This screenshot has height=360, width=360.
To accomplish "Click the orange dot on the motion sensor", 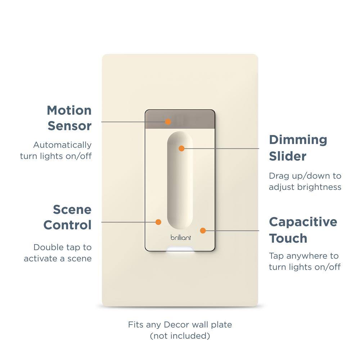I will click(x=168, y=122).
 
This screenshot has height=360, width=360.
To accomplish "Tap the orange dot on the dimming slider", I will click(x=181, y=148).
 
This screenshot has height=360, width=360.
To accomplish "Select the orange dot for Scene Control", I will click(x=158, y=222).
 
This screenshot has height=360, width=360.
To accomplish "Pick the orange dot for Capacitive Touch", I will click(x=203, y=230).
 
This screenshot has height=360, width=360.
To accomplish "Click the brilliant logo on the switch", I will click(x=181, y=238).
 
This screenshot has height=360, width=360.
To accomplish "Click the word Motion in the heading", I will click(x=69, y=110).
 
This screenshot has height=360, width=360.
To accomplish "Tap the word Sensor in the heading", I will click(x=69, y=126).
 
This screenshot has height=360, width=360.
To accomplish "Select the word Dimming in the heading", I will click(x=298, y=140).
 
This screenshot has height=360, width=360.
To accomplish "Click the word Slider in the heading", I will click(x=288, y=156).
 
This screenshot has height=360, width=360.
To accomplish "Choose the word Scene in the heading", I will click(x=72, y=209).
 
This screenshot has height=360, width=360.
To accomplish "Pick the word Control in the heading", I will click(x=67, y=225).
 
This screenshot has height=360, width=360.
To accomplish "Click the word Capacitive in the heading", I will click(x=303, y=222).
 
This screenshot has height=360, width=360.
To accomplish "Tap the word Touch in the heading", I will click(x=288, y=238).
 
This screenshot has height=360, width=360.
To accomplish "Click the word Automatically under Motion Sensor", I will click(x=62, y=145).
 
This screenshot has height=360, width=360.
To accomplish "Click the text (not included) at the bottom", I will click(x=180, y=336).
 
